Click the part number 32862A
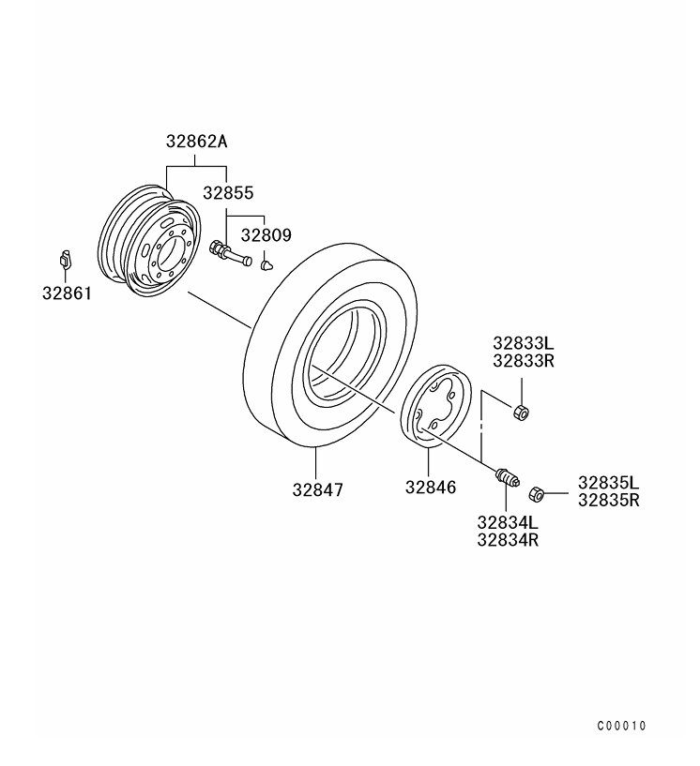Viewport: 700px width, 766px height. click(x=196, y=143)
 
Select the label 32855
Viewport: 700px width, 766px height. click(x=228, y=193)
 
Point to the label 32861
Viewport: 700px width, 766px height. click(x=67, y=293)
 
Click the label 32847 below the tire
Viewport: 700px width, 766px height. click(x=317, y=488)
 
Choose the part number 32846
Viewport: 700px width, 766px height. click(x=431, y=488)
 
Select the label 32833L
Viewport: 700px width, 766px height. click(x=524, y=343)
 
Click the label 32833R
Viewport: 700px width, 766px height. click(x=524, y=360)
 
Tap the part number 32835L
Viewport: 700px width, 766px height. click(x=608, y=483)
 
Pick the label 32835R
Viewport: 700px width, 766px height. click(x=608, y=500)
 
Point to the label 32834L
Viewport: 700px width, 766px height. click(x=507, y=522)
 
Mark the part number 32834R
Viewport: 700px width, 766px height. click(x=507, y=539)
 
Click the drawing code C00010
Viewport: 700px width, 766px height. click(x=621, y=726)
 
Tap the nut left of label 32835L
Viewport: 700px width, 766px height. click(x=537, y=493)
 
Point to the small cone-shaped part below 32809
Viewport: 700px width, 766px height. click(x=266, y=264)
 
